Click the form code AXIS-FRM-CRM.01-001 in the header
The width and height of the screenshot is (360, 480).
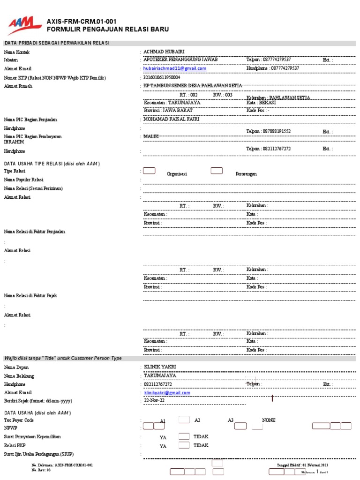tap(82, 22)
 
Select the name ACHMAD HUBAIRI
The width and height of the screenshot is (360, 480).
tap(165, 52)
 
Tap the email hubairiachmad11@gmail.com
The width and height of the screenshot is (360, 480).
tap(175, 68)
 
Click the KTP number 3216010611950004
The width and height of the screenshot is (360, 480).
tap(161, 77)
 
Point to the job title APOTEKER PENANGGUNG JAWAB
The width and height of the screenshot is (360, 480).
tap(180, 60)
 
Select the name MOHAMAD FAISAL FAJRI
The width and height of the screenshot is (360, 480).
tap(171, 120)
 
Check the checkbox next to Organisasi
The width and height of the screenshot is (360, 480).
tap(149, 171)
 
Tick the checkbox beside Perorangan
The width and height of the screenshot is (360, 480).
tap(217, 171)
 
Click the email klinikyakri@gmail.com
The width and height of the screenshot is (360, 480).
tap(167, 393)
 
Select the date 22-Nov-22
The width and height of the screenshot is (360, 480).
tap(154, 401)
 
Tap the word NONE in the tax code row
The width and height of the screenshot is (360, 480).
tap(269, 420)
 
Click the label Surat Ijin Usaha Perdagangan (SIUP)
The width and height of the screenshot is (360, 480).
tap(38, 454)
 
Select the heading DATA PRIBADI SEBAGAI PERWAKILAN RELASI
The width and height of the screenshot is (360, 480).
tap(57, 43)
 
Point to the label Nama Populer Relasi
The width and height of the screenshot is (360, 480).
tap(23, 180)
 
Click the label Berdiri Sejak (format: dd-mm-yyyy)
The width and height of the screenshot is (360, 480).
tap(38, 401)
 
